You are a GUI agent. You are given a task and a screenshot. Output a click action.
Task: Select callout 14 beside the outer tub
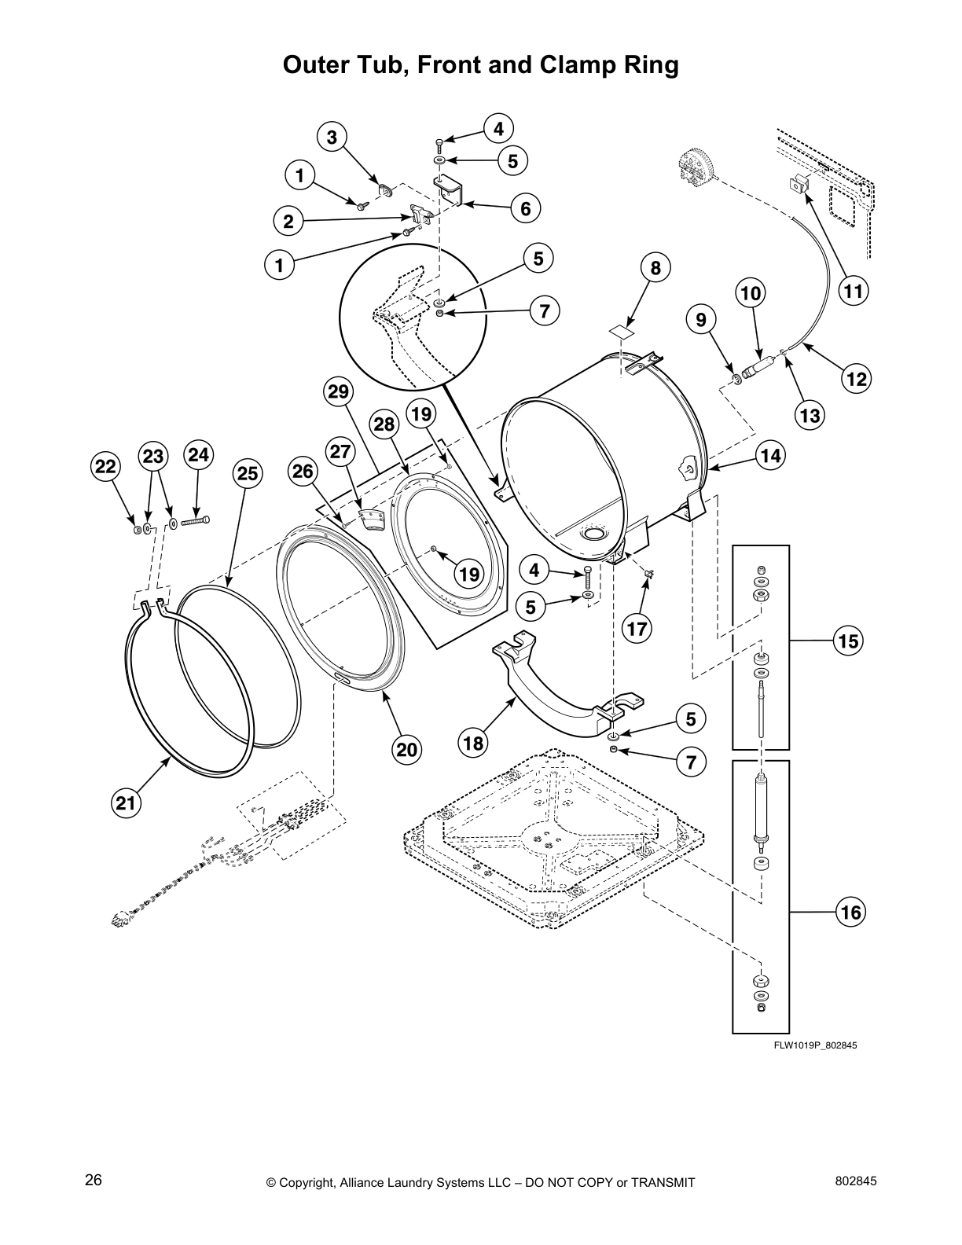[x=771, y=455]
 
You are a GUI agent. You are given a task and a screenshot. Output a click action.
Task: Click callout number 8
[x=656, y=267]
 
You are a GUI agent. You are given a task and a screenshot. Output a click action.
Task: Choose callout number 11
[x=854, y=292]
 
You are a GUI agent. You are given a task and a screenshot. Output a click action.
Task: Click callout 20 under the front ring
[x=406, y=750]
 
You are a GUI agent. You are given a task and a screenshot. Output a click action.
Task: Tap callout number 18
[x=474, y=743]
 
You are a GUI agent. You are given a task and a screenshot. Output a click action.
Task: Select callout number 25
[x=247, y=473]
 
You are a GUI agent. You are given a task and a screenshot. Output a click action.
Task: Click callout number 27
[x=340, y=452]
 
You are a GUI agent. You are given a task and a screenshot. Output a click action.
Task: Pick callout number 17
[x=637, y=628]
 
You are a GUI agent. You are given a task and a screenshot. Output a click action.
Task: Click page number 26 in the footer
[x=94, y=1180]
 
